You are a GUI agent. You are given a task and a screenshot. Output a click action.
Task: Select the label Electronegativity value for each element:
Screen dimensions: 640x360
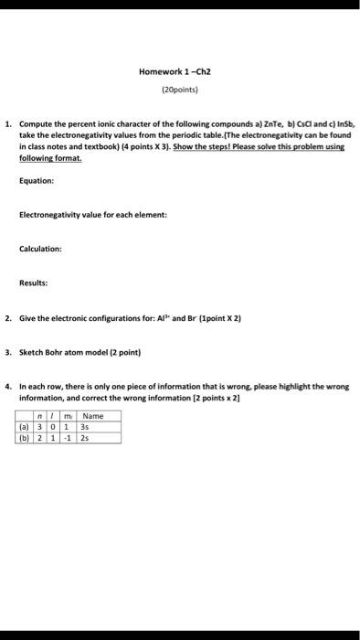93,215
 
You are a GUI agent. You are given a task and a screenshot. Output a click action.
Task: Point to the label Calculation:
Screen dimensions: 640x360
40,249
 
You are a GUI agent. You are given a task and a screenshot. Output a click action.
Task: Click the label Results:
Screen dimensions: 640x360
35,283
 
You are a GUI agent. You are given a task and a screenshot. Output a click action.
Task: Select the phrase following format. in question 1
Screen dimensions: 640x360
51,157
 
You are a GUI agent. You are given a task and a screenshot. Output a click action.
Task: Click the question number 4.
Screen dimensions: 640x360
7,386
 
